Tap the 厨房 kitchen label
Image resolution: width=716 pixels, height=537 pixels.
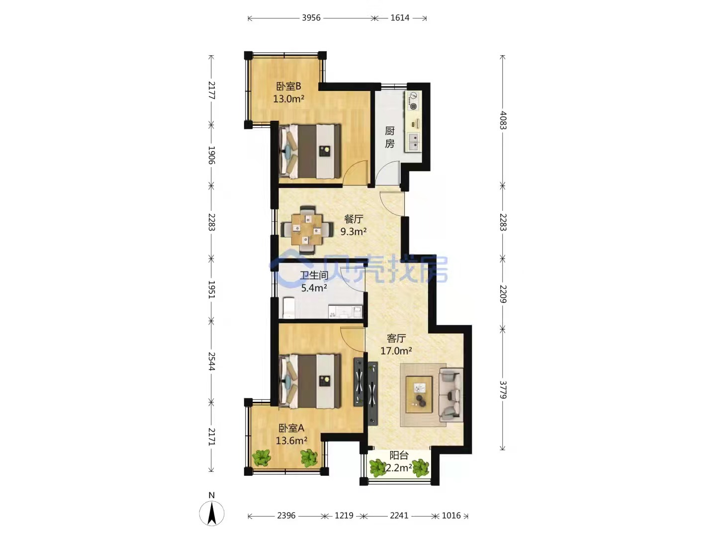(x=390, y=137)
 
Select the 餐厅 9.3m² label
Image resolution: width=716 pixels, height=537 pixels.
(x=354, y=225)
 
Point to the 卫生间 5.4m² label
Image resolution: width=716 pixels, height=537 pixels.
(x=314, y=281)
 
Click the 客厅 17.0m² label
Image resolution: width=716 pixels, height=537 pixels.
(x=396, y=345)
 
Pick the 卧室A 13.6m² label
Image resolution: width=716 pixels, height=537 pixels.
(x=291, y=434)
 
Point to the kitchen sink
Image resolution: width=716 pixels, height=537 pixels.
(x=413, y=142)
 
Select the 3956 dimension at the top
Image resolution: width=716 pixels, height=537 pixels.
(x=311, y=18)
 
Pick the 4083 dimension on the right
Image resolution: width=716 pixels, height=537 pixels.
(x=503, y=120)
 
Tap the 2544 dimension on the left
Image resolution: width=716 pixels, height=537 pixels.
(x=211, y=361)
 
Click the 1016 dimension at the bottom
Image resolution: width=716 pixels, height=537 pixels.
(x=451, y=516)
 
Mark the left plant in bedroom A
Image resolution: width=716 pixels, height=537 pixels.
(x=261, y=457)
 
